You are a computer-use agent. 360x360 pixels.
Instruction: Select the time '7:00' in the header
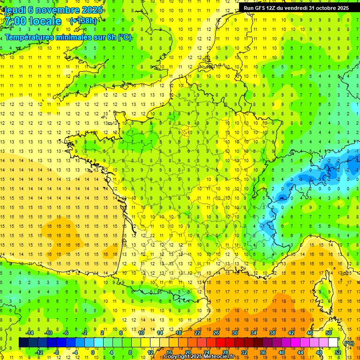coord(15,21)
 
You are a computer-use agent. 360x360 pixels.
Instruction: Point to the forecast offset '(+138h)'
coord(83,21)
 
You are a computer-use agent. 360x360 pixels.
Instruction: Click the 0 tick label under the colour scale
coord(92,352)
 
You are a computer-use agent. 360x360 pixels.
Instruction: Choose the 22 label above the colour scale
coord(197,333)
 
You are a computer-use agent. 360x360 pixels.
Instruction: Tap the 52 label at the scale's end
coord(338,352)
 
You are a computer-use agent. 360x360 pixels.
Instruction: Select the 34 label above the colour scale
coord(254,333)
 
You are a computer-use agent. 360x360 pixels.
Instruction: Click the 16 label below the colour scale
coord(169,352)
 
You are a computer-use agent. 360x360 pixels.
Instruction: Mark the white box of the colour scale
coord(333,343)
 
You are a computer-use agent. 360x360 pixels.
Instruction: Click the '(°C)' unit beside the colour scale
coord(349,343)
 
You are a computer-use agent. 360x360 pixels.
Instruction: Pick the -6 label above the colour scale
coord(66,333)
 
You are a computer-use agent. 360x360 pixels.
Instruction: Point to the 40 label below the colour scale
coord(282,352)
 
